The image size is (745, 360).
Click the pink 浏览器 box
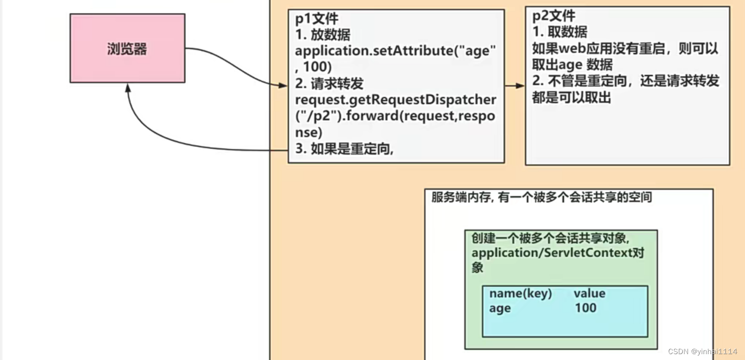[127, 48]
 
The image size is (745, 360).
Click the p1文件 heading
[317, 19]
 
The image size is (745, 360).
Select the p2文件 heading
[554, 16]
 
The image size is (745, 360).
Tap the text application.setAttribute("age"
[396, 51]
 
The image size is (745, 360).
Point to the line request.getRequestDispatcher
[396, 100]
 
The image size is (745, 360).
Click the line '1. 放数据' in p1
[323, 35]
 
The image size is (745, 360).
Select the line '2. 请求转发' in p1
[329, 84]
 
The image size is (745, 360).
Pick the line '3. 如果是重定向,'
[345, 149]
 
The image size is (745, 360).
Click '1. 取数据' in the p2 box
[560, 32]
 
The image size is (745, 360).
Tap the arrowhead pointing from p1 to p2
[521, 86]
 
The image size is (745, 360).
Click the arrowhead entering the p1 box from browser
[283, 86]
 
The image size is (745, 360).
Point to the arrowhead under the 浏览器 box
[128, 88]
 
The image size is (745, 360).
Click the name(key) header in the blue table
[520, 293]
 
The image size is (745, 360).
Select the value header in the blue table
[589, 293]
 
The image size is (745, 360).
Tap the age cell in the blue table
[500, 308]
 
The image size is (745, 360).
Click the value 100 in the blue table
[586, 308]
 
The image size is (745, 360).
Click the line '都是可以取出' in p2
[572, 97]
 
